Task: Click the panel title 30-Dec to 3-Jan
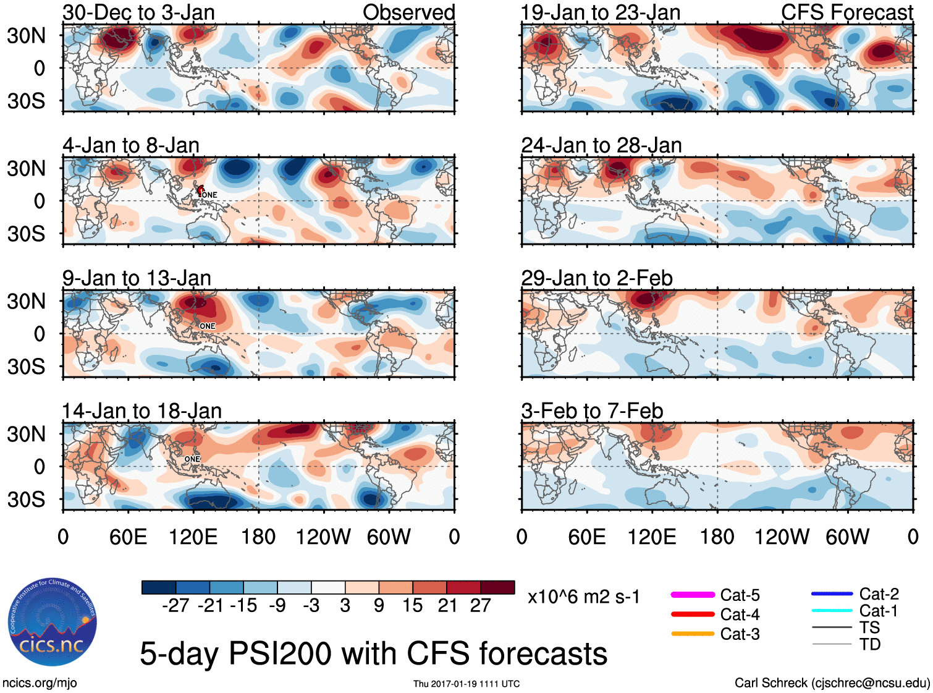[138, 12]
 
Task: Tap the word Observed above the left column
[408, 12]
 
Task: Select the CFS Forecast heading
[846, 12]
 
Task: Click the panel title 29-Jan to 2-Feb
[596, 278]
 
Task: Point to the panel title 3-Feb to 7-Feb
[592, 411]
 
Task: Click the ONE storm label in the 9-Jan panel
[208, 326]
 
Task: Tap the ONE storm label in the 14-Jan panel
[192, 459]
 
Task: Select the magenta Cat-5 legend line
[693, 595]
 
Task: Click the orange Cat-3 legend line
[693, 634]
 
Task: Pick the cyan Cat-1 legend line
[832, 611]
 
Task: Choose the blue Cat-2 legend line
[832, 593]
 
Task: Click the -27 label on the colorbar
[175, 606]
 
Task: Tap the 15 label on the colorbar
[413, 606]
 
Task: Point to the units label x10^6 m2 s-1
[583, 597]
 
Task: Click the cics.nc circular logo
[53, 622]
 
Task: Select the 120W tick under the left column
[323, 537]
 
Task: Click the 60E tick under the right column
[586, 537]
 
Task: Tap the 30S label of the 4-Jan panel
[27, 234]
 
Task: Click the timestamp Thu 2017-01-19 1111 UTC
[466, 684]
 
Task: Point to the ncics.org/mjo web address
[40, 683]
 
